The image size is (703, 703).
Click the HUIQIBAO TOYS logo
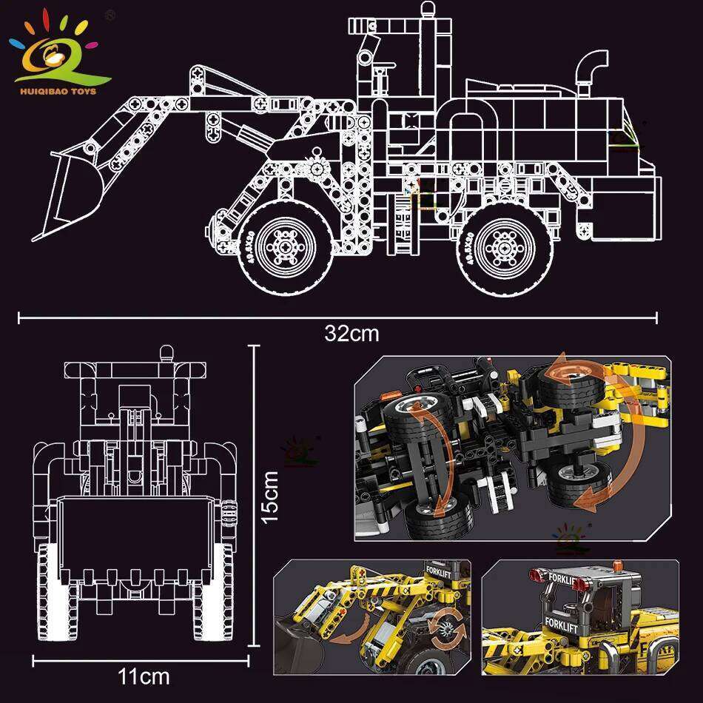tap(59, 48)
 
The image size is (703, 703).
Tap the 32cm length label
tap(351, 334)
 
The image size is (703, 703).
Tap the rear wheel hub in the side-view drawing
tap(504, 243)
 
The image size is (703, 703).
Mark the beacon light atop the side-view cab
tap(427, 10)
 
